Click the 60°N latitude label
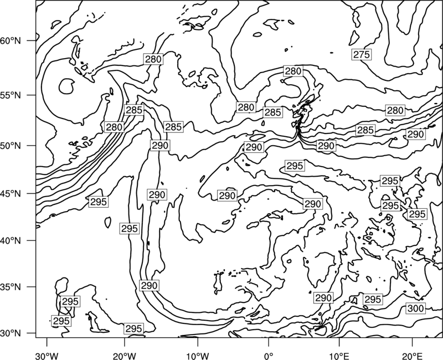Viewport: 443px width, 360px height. [11, 40]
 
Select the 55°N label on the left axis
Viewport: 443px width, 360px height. [11, 95]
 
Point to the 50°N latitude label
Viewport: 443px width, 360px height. [11, 146]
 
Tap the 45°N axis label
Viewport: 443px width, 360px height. [11, 193]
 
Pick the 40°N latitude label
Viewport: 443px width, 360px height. [11, 240]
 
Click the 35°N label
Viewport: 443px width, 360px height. [11, 287]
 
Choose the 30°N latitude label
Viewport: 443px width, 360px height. [11, 333]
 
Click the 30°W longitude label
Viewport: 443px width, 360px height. [47, 356]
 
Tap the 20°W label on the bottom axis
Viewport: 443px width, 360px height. [125, 356]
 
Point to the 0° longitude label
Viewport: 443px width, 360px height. [269, 356]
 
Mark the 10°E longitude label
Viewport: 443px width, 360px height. [339, 356]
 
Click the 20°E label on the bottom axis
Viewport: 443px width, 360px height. [412, 356]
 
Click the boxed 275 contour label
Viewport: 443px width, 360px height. [362, 54]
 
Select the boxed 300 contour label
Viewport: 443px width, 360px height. [415, 308]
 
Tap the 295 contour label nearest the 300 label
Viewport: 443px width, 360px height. [373, 299]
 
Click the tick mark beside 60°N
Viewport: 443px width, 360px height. [32, 40]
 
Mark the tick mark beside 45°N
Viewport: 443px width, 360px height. [32, 193]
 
